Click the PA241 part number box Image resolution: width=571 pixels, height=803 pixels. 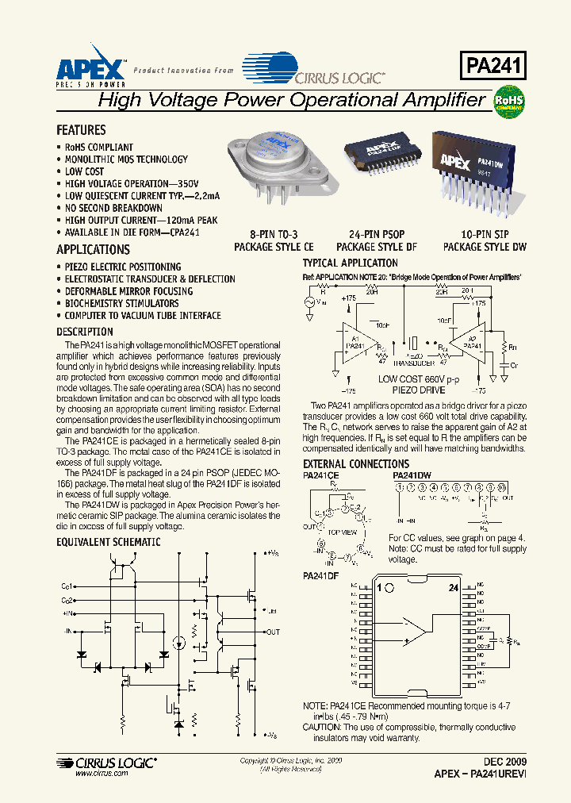click(x=492, y=65)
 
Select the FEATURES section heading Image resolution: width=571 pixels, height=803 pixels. click(x=81, y=130)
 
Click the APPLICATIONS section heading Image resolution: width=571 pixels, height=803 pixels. click(x=93, y=250)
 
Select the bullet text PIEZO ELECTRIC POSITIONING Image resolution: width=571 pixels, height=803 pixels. click(x=123, y=267)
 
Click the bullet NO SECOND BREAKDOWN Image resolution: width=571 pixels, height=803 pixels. click(x=113, y=208)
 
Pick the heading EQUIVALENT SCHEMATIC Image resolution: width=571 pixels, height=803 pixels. click(x=108, y=542)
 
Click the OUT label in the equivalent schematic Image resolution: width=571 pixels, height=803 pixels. click(x=273, y=632)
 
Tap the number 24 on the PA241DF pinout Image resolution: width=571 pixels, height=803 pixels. click(x=454, y=588)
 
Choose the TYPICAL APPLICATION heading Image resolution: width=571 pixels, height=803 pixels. click(x=351, y=263)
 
